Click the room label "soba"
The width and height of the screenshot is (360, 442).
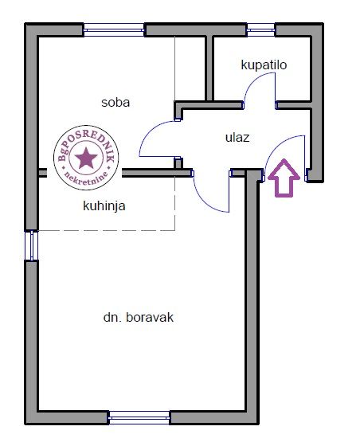115,102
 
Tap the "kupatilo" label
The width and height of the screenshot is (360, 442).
264,65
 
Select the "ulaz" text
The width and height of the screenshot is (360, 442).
237,138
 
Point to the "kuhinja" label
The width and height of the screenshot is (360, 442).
104,205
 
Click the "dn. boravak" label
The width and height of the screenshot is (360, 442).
139,318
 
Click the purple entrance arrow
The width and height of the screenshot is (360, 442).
284,178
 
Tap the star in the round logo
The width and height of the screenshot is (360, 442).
86,158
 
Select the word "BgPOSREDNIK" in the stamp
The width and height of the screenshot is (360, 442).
84,143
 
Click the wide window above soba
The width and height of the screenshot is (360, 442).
114,30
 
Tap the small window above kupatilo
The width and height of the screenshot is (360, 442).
261,30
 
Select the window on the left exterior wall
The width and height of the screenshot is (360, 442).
31,245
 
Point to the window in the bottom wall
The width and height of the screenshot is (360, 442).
139,417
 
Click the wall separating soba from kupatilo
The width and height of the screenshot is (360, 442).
209,68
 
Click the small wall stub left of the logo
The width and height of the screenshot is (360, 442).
42,173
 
